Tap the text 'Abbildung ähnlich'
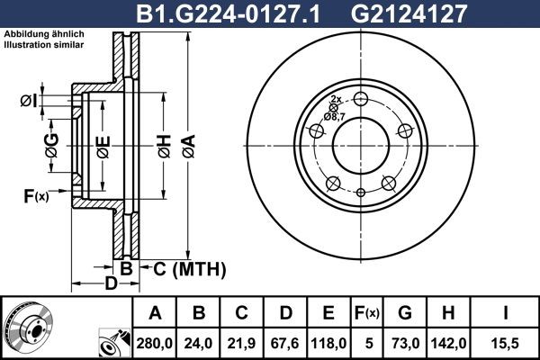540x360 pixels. (x=44, y=34)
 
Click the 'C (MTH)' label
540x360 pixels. (x=184, y=269)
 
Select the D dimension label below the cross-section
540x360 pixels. (x=108, y=285)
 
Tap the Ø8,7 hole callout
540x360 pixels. (x=334, y=116)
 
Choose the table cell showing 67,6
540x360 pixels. (x=286, y=342)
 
